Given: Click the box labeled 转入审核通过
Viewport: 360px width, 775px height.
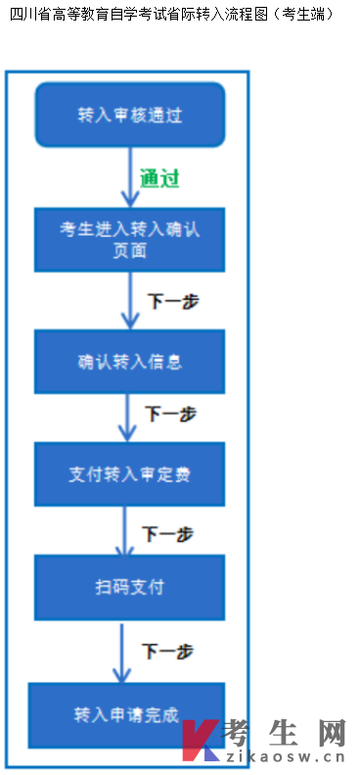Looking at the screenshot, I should click(130, 114).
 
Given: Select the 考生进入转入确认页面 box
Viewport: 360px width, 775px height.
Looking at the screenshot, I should click(130, 239).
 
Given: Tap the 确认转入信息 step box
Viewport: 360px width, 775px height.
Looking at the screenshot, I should click(130, 361).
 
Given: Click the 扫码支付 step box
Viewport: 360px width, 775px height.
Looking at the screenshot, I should click(130, 587).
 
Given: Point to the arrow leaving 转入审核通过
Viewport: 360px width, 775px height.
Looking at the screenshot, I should click(131, 177).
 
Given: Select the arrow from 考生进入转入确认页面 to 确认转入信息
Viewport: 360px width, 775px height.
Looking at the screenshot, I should click(130, 300).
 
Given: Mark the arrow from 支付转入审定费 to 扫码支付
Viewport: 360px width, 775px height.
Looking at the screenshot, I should click(124, 530).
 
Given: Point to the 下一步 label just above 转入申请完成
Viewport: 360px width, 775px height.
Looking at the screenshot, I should click(167, 651).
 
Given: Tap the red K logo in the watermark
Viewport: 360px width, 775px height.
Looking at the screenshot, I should click(201, 740).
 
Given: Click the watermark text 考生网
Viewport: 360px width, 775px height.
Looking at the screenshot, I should click(285, 731).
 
